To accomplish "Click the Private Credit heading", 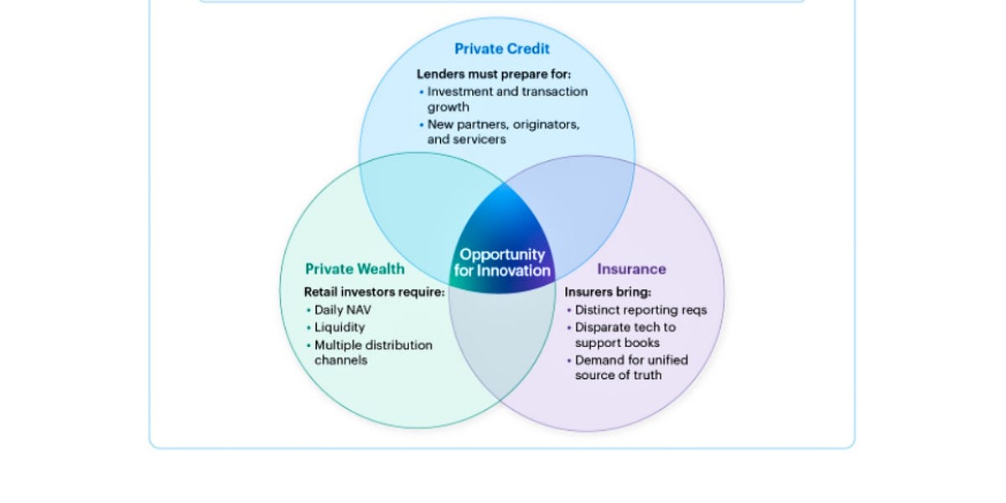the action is (x=501, y=49).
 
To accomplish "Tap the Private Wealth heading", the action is (x=355, y=269).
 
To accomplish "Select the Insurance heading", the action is (x=631, y=269).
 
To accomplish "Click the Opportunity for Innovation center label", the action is (x=502, y=262).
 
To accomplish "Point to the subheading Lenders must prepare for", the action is (x=494, y=74).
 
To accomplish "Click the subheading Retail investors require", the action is (x=374, y=292).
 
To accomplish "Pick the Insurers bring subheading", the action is (x=608, y=292).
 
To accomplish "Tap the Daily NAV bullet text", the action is (x=343, y=310).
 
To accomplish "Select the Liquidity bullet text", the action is (x=340, y=328).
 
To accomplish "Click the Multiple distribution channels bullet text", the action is (x=373, y=353).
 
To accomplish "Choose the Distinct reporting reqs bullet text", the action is (x=640, y=310).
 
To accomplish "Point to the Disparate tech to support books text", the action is (x=625, y=335).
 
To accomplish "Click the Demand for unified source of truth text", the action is (x=631, y=367).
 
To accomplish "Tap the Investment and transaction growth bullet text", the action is (x=507, y=99).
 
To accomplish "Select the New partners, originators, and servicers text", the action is (x=504, y=132).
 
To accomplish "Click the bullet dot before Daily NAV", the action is (x=309, y=310).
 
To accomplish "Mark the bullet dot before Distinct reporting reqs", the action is (x=569, y=310).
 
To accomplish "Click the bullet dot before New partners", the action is (x=421, y=125).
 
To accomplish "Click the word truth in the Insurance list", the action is (x=646, y=375).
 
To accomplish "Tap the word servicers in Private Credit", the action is (x=480, y=139).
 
